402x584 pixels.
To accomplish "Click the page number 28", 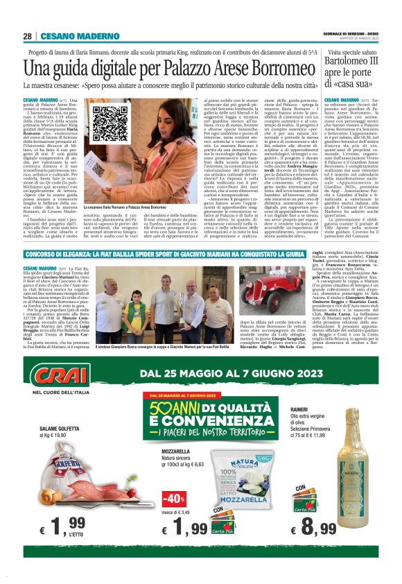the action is (x=27, y=36).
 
